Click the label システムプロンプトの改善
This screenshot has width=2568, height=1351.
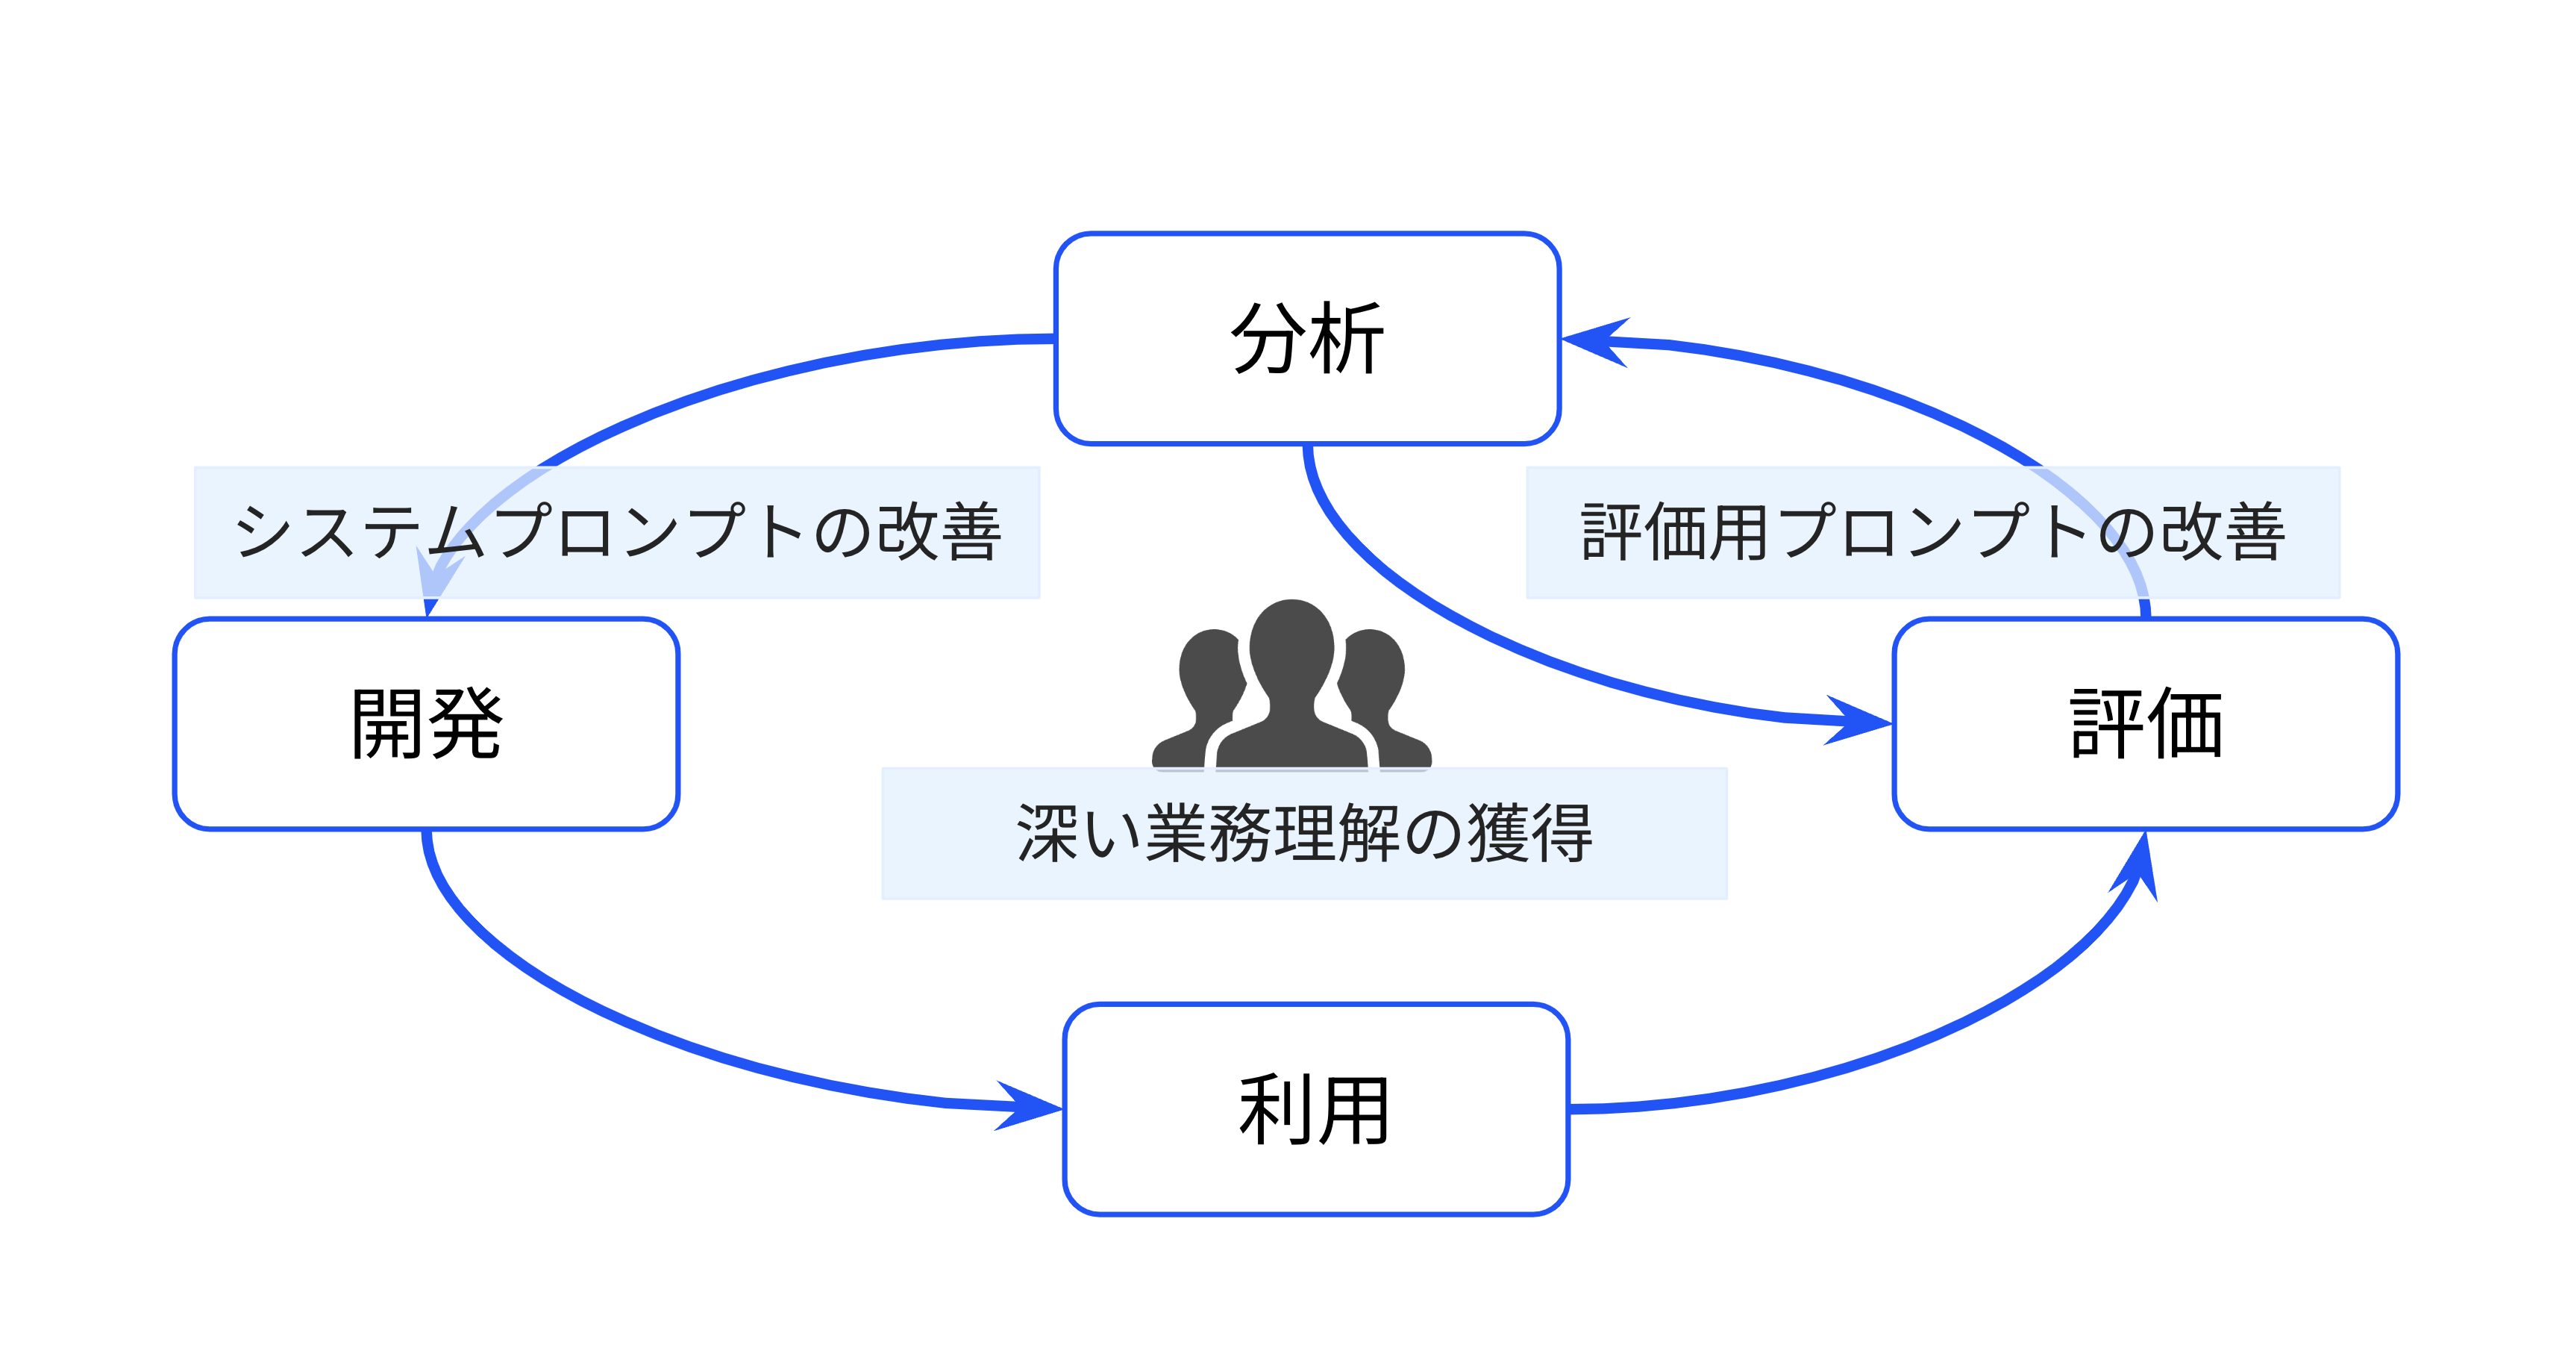tap(616, 531)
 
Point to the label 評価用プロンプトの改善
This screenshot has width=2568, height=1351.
tap(1932, 531)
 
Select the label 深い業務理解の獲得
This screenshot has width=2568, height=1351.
tap(1304, 832)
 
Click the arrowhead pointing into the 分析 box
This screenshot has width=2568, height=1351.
tap(1595, 341)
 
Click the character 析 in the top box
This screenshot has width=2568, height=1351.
tap(1347, 339)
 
